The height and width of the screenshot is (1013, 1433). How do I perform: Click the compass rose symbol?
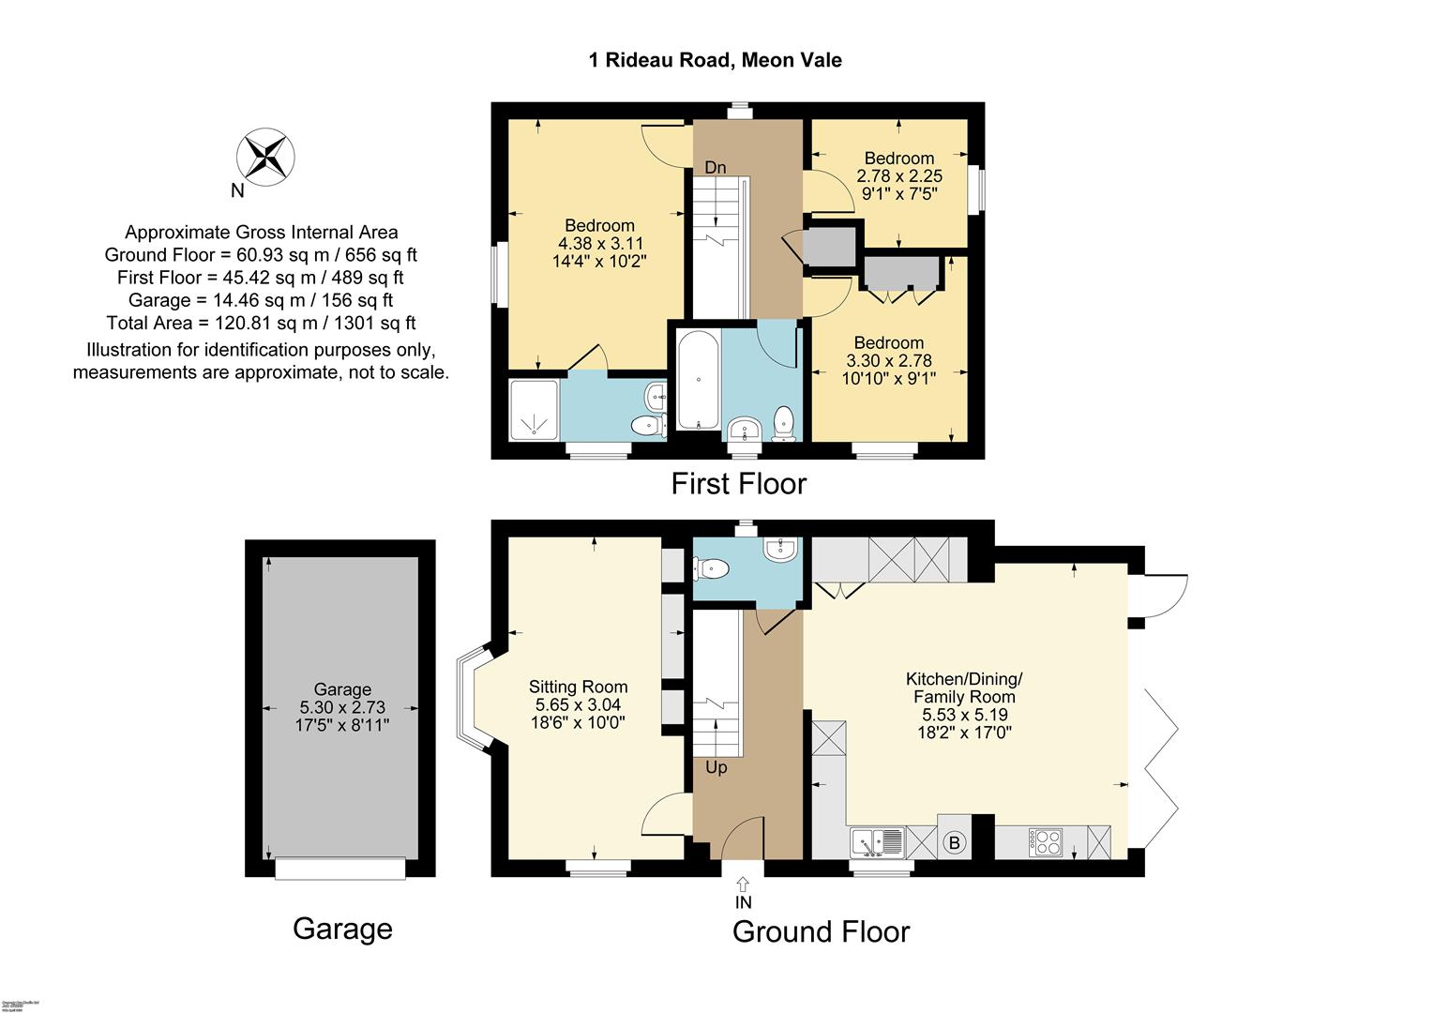(265, 156)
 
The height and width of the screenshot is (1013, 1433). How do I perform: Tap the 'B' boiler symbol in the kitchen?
(955, 842)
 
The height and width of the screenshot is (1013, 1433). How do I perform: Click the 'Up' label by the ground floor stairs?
(716, 767)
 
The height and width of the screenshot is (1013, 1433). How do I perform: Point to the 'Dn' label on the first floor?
(716, 168)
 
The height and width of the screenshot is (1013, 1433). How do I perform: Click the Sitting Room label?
(578, 687)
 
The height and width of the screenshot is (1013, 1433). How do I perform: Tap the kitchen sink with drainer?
(877, 842)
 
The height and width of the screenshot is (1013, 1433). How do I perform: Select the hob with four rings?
(1045, 841)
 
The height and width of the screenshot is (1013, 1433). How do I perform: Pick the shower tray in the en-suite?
(535, 409)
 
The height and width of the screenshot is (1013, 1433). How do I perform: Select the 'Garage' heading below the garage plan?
(342, 929)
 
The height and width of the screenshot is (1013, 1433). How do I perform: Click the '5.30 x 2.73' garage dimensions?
(342, 707)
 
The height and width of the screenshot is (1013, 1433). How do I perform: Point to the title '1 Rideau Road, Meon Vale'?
(715, 60)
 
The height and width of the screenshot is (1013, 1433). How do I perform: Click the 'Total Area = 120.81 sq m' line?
(261, 323)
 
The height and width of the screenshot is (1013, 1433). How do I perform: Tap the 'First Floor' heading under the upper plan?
(738, 484)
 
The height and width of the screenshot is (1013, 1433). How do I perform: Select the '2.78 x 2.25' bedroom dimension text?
(899, 176)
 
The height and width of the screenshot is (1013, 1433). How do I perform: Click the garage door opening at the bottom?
(340, 869)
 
